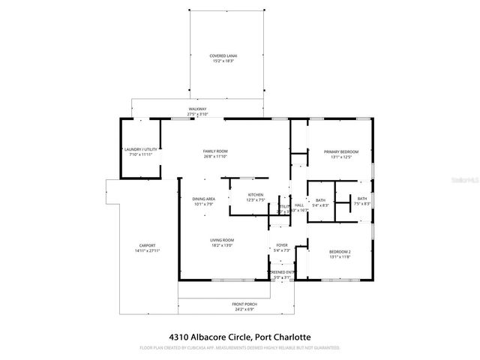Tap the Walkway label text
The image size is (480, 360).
[x=198, y=109]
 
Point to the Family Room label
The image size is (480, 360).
[x=215, y=151]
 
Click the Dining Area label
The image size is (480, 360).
[x=203, y=199]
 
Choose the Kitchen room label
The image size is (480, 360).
[x=256, y=196]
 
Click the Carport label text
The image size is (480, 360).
[x=147, y=245]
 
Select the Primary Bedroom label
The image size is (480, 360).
[x=341, y=152]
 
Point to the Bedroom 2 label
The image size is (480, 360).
[x=341, y=251]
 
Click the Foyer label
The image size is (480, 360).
[x=281, y=244]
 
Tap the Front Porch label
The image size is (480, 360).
[x=244, y=304]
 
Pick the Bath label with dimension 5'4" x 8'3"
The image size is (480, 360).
[x=320, y=200]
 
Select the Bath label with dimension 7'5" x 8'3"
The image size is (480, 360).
[x=362, y=200]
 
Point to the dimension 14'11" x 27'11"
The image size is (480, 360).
[x=147, y=250]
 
